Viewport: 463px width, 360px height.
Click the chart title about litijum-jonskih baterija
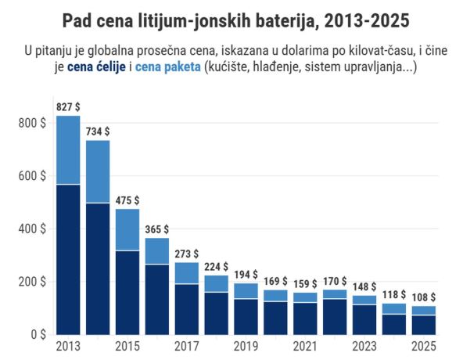point(231,20)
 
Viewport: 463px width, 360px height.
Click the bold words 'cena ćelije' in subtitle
point(99,68)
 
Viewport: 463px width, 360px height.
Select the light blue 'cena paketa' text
point(167,68)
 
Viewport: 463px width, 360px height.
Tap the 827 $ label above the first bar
point(68,106)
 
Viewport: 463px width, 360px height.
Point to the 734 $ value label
point(98,131)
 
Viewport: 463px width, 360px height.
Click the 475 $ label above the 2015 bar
point(127,200)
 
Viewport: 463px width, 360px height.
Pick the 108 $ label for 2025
point(424,297)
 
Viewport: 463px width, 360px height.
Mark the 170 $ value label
point(335,281)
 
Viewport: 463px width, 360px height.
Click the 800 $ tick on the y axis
point(32,123)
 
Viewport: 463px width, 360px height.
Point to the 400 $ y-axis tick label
point(32,229)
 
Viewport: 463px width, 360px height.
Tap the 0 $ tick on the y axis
point(38,334)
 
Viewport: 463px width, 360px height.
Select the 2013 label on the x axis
point(68,346)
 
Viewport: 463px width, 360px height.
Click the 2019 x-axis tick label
point(246,346)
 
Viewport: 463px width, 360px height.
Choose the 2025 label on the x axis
point(424,346)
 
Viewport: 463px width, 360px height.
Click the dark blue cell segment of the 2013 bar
point(68,258)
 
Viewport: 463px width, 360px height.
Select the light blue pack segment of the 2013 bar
point(68,149)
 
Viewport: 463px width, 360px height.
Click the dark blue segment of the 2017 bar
point(186,308)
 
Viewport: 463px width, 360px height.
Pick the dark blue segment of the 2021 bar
point(305,318)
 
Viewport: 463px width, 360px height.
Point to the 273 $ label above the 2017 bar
point(186,254)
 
